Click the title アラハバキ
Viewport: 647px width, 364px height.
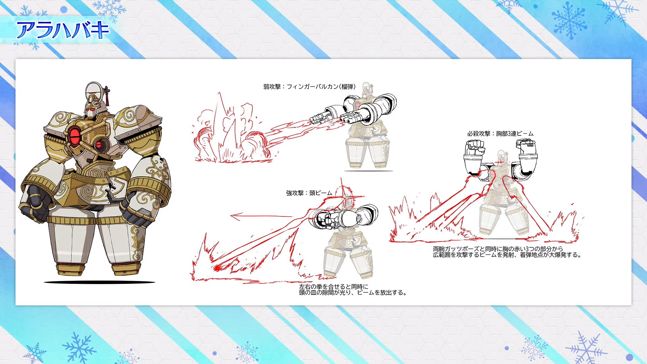pyautogui.click(x=63, y=30)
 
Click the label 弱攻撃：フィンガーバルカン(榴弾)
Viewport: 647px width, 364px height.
pyautogui.click(x=309, y=87)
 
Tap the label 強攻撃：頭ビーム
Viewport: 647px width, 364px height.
pyautogui.click(x=309, y=193)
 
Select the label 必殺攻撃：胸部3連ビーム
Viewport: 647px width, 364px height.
pyautogui.click(x=500, y=134)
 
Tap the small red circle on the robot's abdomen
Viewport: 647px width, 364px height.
pyautogui.click(x=99, y=145)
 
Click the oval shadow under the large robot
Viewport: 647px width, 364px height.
pyautogui.click(x=99, y=282)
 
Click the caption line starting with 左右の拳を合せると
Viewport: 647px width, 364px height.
pyautogui.click(x=334, y=287)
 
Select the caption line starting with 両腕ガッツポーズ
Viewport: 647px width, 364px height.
pyautogui.click(x=498, y=249)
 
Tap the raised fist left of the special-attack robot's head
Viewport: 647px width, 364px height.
pyautogui.click(x=475, y=147)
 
